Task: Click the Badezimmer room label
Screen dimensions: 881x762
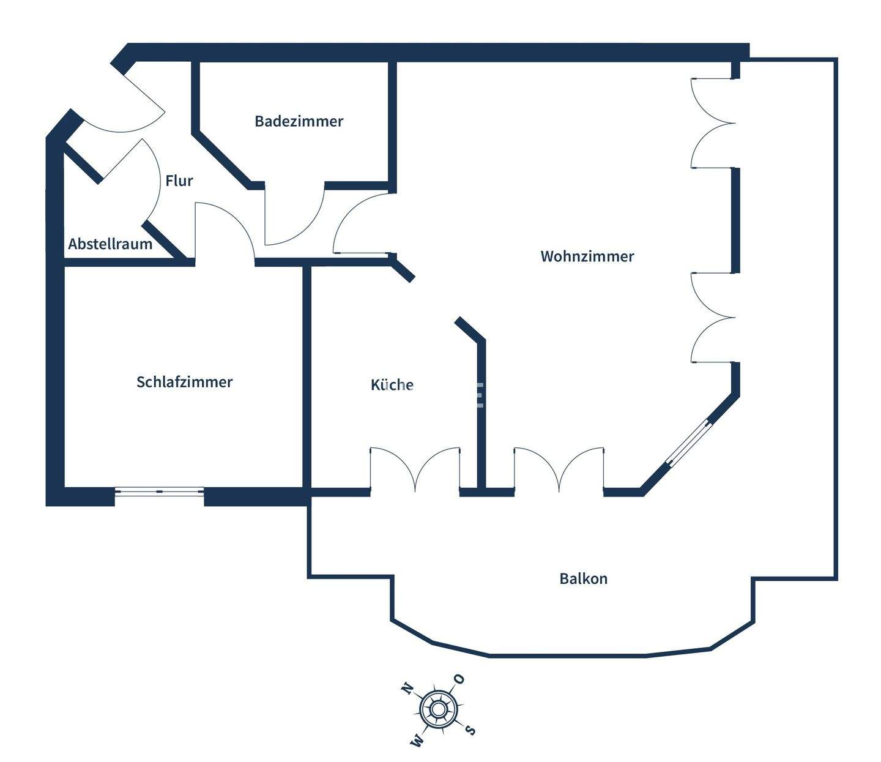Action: (299, 122)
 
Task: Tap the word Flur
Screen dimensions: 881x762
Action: (179, 181)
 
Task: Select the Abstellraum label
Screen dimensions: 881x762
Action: (110, 244)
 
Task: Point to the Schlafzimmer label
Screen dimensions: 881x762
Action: (185, 382)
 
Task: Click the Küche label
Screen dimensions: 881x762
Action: (392, 384)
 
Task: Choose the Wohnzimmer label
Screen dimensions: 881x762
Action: (587, 256)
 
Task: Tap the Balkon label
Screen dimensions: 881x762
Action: (584, 578)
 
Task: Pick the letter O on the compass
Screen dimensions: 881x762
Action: (459, 679)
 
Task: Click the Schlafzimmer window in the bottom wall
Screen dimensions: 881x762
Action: (160, 491)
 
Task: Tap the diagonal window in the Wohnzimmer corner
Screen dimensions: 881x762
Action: (690, 444)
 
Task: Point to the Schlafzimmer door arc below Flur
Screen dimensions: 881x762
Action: (237, 220)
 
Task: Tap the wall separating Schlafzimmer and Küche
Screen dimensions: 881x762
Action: (307, 378)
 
